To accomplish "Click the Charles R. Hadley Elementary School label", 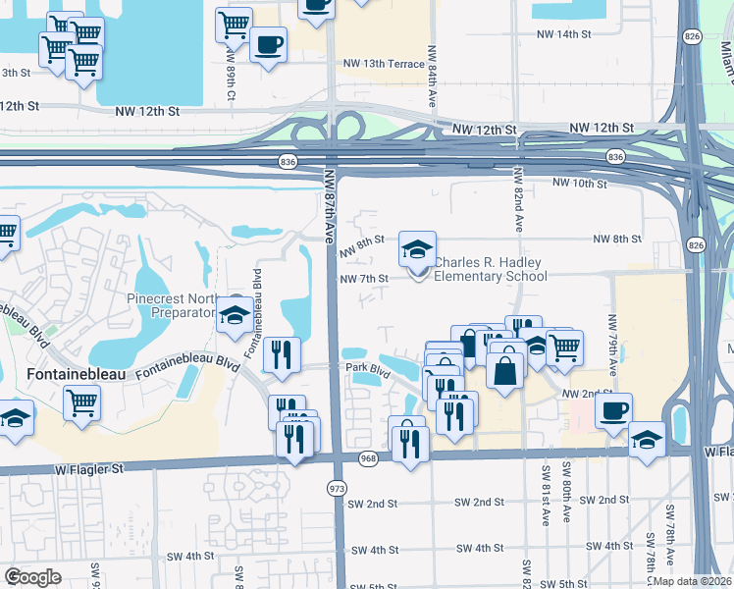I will coord(490,269).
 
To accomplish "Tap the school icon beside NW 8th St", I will coord(417,251).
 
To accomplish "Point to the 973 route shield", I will coord(338,487).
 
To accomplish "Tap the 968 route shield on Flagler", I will coord(369,458).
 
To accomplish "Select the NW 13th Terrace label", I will coord(384,64).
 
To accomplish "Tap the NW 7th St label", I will coord(365,279).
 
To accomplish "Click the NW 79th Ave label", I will coord(613,340).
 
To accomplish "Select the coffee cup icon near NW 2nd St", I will coord(613,410).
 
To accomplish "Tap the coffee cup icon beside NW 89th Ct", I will coord(268,44).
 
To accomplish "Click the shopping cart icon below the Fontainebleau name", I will coord(81,402).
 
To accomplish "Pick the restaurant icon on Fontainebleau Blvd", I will coord(282,355).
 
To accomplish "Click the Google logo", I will coord(32,576).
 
